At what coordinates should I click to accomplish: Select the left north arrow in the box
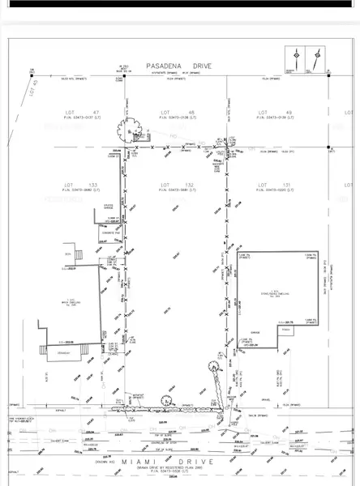298,59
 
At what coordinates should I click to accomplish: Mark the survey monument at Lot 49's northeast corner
328,148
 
